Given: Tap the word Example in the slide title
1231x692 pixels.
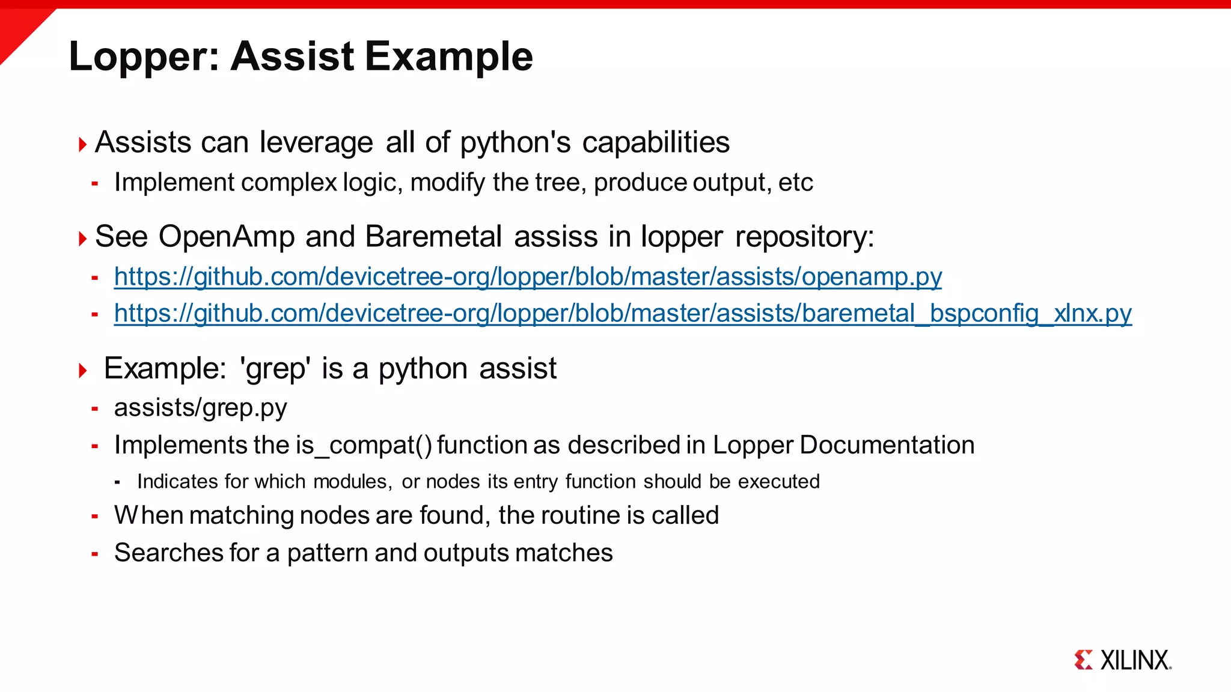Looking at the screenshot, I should point(448,56).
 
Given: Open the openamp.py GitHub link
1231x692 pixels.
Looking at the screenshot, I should point(528,277).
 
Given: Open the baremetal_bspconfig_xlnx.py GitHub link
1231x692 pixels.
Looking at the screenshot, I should point(623,314).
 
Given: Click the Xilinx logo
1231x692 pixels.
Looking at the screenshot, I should point(1123,660).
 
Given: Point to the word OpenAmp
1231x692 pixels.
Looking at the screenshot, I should point(227,237).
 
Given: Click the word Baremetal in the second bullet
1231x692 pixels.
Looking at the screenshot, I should point(433,237).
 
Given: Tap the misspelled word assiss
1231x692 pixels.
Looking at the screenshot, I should point(556,237).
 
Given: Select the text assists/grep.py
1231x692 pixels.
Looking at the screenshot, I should point(200,408).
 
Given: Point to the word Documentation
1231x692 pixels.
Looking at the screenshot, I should point(887,445).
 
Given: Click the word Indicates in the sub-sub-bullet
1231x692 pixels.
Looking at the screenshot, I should point(177,482).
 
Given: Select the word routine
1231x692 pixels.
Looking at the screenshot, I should point(580,515).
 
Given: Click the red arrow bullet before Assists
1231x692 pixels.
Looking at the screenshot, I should point(83,144).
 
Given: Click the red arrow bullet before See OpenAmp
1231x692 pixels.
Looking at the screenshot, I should point(83,238).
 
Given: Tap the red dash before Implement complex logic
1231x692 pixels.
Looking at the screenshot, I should point(94,184).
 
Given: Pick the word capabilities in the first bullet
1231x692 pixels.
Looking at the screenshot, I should point(656,143).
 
